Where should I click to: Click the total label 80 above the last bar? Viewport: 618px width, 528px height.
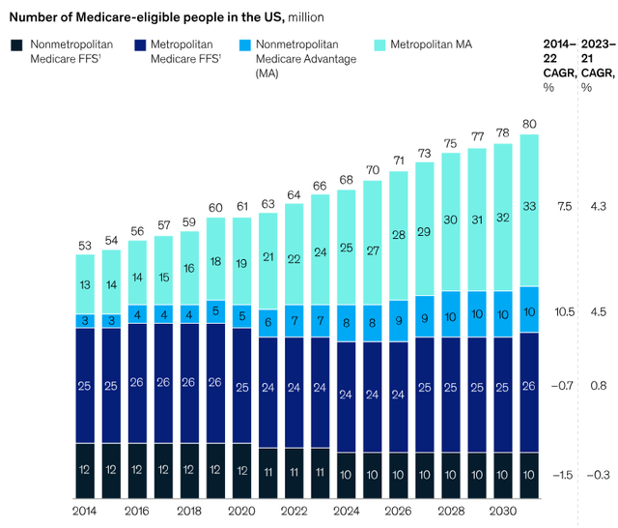pos(528,124)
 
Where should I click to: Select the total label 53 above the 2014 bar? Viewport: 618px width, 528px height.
pos(86,245)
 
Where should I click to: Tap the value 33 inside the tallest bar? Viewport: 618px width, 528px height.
pos(528,205)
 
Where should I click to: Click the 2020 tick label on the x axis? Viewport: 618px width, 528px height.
pos(242,510)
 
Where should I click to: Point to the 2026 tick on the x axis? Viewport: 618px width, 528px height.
pos(399,510)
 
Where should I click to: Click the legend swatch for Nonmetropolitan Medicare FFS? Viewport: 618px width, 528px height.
pos(16,45)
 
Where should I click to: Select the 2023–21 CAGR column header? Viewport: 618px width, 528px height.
pos(597,60)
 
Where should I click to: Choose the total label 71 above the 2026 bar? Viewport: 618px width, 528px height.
pos(398,161)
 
